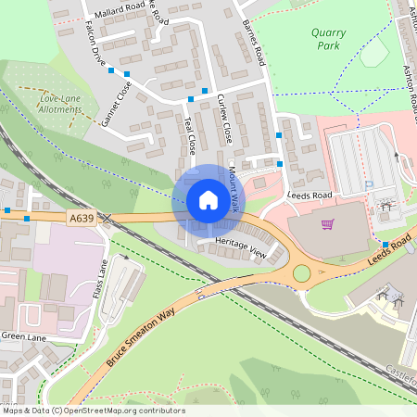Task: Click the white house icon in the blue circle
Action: coord(208,199)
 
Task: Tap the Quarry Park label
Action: coord(327,39)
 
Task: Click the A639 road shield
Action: coord(82,218)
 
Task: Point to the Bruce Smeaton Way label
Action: coord(140,330)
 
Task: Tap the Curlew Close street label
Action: coord(223,118)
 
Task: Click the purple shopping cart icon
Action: coord(327,224)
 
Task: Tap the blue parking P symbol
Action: coord(368,185)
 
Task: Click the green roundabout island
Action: coord(302,273)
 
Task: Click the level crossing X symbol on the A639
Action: coord(107,219)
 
